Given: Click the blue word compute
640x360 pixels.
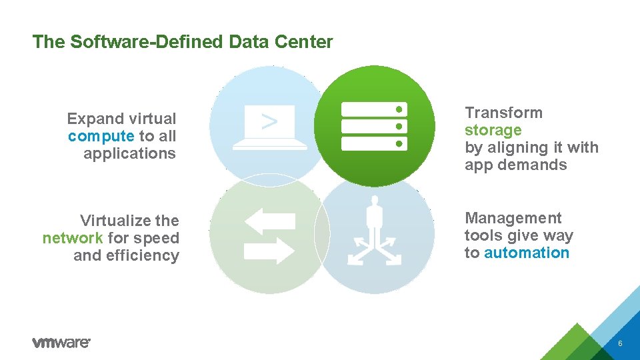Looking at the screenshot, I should (101, 137).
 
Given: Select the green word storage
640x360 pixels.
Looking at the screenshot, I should (493, 130).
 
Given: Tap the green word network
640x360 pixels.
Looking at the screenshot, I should (73, 238).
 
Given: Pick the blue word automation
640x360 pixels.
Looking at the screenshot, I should (527, 253).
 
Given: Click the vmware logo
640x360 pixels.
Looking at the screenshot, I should (61, 342).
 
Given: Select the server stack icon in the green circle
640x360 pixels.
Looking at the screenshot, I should (374, 126).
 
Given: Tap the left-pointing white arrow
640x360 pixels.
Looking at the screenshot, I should (269, 221).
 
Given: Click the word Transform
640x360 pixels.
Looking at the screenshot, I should (503, 113).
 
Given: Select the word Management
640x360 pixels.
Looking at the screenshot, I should (513, 218).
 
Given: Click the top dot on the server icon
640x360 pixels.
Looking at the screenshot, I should (399, 109).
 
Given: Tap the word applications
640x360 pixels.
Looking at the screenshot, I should (129, 153).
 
